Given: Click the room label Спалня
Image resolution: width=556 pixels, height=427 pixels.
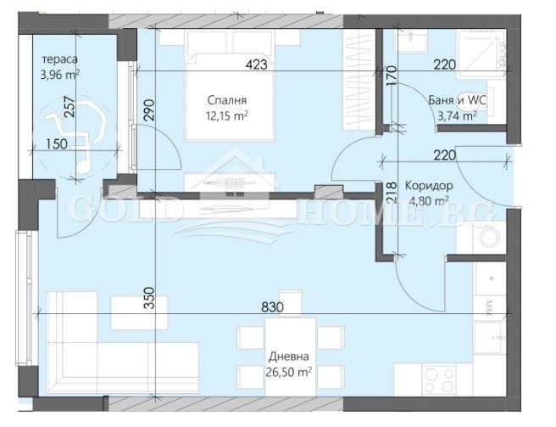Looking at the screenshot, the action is click(227, 100).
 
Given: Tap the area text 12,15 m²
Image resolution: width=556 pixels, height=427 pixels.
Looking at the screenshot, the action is click(227, 115).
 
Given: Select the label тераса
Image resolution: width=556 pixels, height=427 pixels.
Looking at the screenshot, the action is click(59, 59).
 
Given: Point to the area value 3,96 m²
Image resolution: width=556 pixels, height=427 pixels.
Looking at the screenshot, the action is click(59, 75).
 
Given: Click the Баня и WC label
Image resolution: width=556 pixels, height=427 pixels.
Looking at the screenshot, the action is click(457, 100).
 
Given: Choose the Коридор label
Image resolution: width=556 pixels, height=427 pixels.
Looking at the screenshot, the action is click(429, 185).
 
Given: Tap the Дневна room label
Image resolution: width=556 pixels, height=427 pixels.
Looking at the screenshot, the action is click(289, 357).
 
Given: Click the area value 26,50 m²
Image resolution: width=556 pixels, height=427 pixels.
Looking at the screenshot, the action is click(289, 372).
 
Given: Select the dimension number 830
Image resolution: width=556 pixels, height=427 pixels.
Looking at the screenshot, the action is click(272, 307).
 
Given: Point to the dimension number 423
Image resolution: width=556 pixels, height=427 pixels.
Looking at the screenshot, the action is click(256, 65).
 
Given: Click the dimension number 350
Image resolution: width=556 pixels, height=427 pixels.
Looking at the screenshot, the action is click(150, 298).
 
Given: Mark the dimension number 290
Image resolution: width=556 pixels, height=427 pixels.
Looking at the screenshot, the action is click(150, 110).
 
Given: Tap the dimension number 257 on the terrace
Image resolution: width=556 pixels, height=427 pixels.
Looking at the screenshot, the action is click(69, 107).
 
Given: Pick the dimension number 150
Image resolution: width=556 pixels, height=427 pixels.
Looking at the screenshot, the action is click(57, 143).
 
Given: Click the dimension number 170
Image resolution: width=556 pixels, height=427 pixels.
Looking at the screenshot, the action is click(392, 76).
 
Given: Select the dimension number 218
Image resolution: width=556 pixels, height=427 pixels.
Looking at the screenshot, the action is click(392, 193).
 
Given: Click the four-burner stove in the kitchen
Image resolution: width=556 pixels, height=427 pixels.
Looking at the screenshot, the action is click(440, 380).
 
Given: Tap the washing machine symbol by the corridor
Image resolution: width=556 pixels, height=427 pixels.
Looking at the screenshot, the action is click(489, 237).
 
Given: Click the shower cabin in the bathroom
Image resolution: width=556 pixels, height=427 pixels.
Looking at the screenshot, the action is click(481, 53).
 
